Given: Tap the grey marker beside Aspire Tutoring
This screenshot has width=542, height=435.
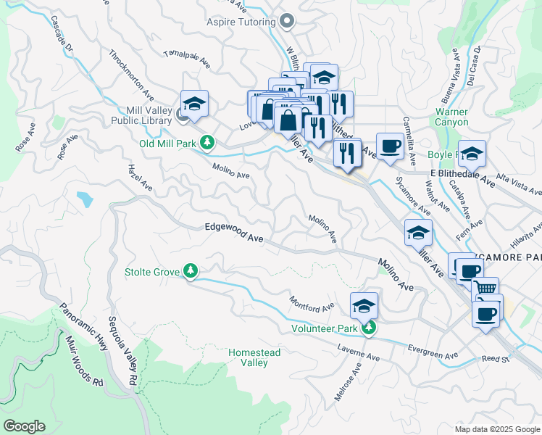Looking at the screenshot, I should [288, 22].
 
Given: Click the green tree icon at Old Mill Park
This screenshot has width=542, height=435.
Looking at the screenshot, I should [207, 143].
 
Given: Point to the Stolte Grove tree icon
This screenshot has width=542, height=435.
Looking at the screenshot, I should [191, 272].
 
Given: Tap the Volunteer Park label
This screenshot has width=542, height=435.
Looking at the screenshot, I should [325, 328].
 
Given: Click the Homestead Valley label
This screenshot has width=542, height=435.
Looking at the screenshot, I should [254, 357].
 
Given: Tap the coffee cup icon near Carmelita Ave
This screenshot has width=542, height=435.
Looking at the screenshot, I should [390, 146].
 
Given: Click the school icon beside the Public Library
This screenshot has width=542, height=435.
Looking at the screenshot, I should [194, 103].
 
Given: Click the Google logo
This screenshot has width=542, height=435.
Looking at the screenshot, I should [23, 426].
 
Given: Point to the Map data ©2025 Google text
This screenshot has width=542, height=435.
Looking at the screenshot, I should [497, 429].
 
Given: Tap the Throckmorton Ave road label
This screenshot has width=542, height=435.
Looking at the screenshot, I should [131, 75].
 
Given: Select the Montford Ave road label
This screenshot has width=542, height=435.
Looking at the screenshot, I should [312, 302].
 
